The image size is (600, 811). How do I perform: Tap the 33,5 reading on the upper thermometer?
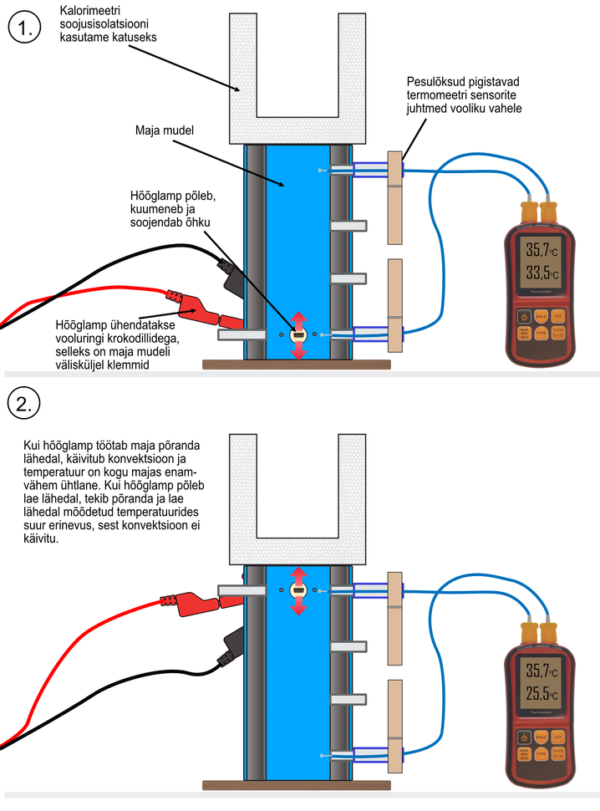click(x=538, y=272)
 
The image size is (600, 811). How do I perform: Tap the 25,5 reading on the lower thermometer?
click(x=538, y=693)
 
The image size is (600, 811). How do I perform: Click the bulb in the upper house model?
click(x=298, y=336)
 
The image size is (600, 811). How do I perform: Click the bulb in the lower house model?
click(x=298, y=592)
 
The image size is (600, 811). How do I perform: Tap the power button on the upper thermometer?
click(x=523, y=316)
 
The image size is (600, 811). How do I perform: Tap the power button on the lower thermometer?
click(x=523, y=737)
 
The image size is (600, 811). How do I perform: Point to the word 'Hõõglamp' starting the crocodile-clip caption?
click(x=80, y=324)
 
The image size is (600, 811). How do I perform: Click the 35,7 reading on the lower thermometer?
click(x=538, y=670)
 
